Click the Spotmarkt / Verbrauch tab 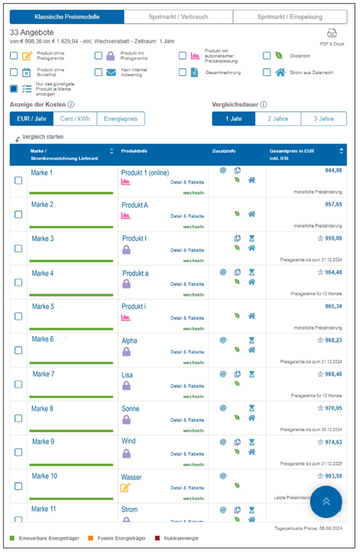pos(179,17)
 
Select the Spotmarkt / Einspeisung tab pos(290,17)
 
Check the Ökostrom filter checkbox pos(267,56)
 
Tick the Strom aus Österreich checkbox pos(267,73)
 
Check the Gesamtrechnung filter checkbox pos(183,73)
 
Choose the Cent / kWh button pos(75,119)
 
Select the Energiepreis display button pos(120,119)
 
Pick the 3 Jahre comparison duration pos(323,119)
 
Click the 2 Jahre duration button pos(278,119)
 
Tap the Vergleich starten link pos(42,137)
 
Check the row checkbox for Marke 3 pos(18,249)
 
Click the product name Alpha pos(129,341)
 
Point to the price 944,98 pos(329,171)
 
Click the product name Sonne pos(130,409)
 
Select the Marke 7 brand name pos(43,374)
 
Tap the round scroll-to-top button pos(326,501)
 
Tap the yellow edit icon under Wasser pos(126,488)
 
